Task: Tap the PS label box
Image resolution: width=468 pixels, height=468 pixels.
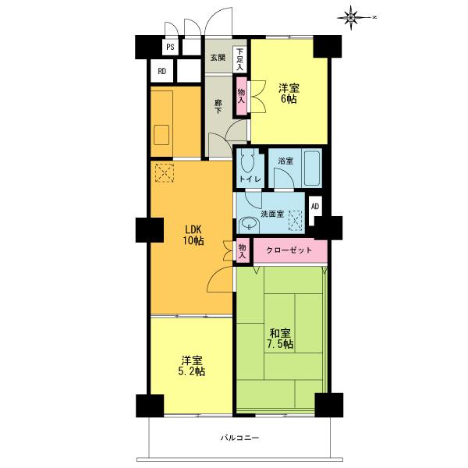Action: (169, 47)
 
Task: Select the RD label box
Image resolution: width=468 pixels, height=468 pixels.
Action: (162, 72)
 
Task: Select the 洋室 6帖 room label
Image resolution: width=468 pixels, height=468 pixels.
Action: (289, 94)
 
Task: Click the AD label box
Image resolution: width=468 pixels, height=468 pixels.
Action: (315, 207)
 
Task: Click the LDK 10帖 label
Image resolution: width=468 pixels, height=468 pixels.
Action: (193, 235)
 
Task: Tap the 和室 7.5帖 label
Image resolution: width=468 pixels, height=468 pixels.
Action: (278, 337)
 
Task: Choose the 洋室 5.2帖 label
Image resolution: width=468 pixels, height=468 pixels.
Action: (193, 366)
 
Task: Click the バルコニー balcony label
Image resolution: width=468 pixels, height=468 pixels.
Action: (239, 438)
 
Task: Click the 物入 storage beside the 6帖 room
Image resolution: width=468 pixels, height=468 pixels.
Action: (242, 96)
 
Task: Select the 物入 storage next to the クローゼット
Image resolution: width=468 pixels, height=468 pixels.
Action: (242, 250)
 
